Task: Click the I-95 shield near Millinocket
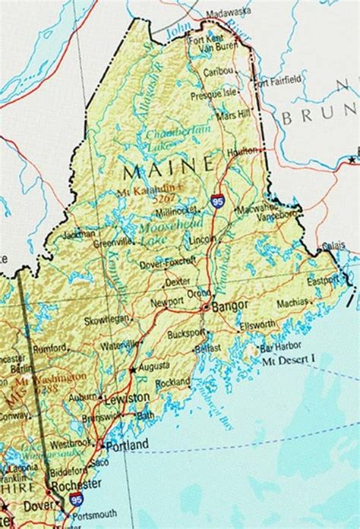tap(216, 203)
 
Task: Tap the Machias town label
tap(293, 302)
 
